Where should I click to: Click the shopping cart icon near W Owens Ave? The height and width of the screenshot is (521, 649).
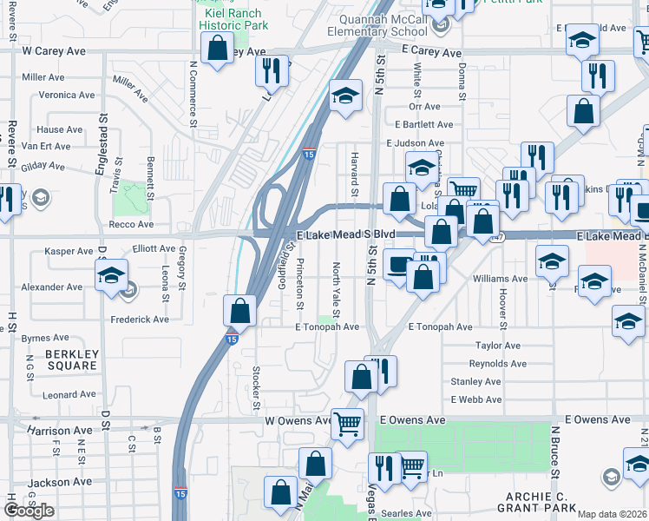click(347, 424)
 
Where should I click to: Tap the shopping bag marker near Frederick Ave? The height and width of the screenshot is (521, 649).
click(239, 310)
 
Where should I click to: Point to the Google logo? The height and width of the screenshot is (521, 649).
click(29, 511)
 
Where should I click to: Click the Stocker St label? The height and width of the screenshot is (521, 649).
click(257, 387)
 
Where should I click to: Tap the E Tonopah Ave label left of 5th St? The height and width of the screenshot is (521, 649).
click(326, 327)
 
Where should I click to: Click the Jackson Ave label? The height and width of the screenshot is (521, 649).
click(59, 482)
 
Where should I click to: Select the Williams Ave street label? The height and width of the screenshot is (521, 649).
click(500, 279)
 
